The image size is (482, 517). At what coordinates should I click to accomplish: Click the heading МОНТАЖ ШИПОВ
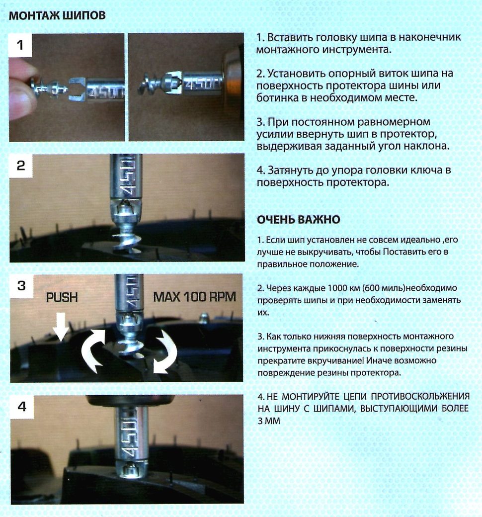coord(57,15)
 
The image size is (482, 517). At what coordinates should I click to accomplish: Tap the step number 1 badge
coord(20,45)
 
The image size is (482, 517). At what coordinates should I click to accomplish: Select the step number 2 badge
coord(21,166)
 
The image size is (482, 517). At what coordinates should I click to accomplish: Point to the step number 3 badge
coord(21,285)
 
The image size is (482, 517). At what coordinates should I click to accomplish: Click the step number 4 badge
coord(22,407)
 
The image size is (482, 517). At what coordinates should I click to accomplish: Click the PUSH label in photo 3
coord(62,297)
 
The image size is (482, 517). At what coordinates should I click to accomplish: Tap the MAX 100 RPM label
coord(194,297)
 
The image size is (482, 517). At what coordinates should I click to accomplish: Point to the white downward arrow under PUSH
coord(61,327)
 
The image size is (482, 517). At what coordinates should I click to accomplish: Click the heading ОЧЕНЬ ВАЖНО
coord(298,220)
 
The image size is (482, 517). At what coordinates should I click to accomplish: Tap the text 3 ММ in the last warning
coord(269,421)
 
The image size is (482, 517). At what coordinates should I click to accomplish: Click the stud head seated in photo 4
coord(131,469)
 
